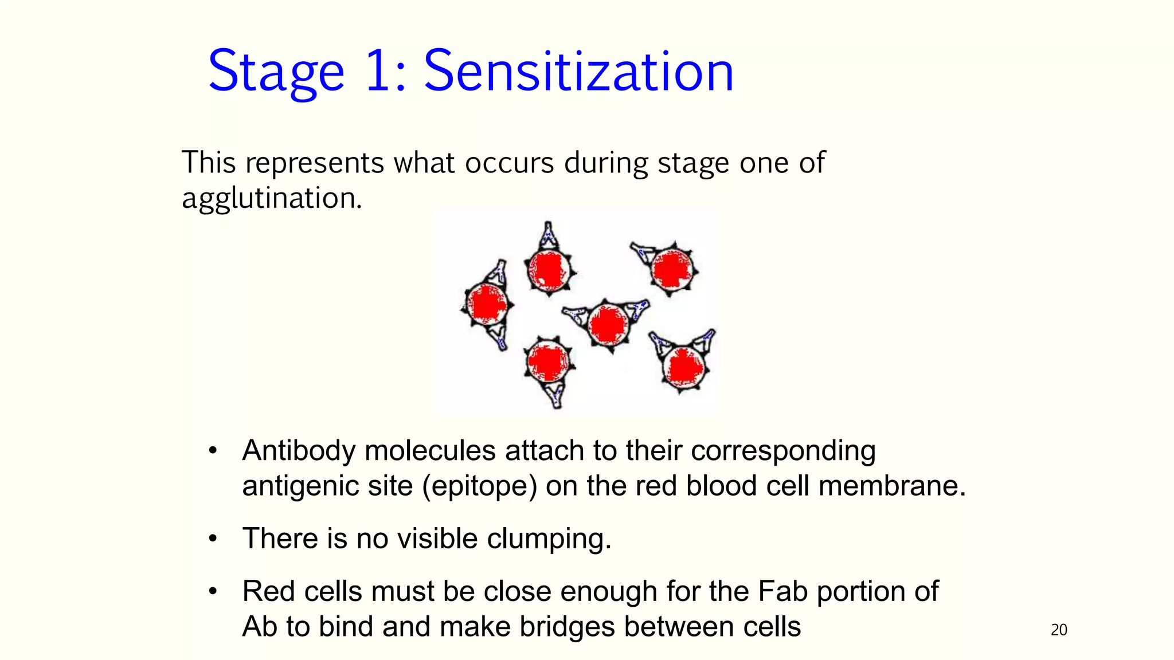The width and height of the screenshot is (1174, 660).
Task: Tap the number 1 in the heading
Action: (x=378, y=72)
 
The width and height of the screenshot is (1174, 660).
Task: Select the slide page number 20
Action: (x=1059, y=630)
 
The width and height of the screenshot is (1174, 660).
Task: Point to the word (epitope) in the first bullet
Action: (x=479, y=486)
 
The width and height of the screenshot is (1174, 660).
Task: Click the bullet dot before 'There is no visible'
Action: (x=213, y=539)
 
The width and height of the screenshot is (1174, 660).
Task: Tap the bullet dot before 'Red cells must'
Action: (x=213, y=591)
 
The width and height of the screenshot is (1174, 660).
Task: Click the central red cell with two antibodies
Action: (x=609, y=324)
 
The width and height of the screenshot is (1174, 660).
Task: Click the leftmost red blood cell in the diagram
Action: (x=487, y=304)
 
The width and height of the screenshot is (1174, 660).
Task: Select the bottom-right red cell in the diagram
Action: (x=683, y=366)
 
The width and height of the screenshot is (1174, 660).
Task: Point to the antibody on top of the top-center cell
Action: (x=549, y=234)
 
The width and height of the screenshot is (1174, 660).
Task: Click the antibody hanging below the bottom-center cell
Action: (x=555, y=395)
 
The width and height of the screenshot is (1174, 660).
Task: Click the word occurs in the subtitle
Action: (x=509, y=163)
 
